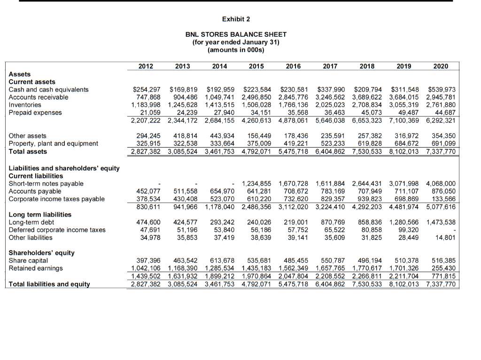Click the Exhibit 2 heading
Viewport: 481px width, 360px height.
[x=236, y=19]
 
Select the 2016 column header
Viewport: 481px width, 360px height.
[x=293, y=66]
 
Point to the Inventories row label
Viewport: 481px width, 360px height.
[x=25, y=105]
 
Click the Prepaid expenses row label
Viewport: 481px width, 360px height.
[x=35, y=113]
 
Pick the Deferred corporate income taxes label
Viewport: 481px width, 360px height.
[x=57, y=230]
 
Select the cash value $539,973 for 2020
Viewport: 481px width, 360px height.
[x=442, y=89]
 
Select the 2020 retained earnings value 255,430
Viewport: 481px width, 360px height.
[x=444, y=268]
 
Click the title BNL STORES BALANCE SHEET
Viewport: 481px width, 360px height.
[x=236, y=34]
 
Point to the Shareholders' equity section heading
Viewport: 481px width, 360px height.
[x=41, y=253]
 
